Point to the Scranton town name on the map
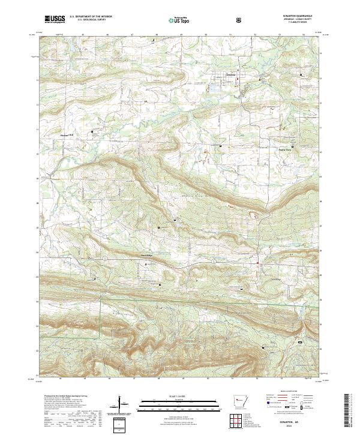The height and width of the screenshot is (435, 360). (x=223, y=76)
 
